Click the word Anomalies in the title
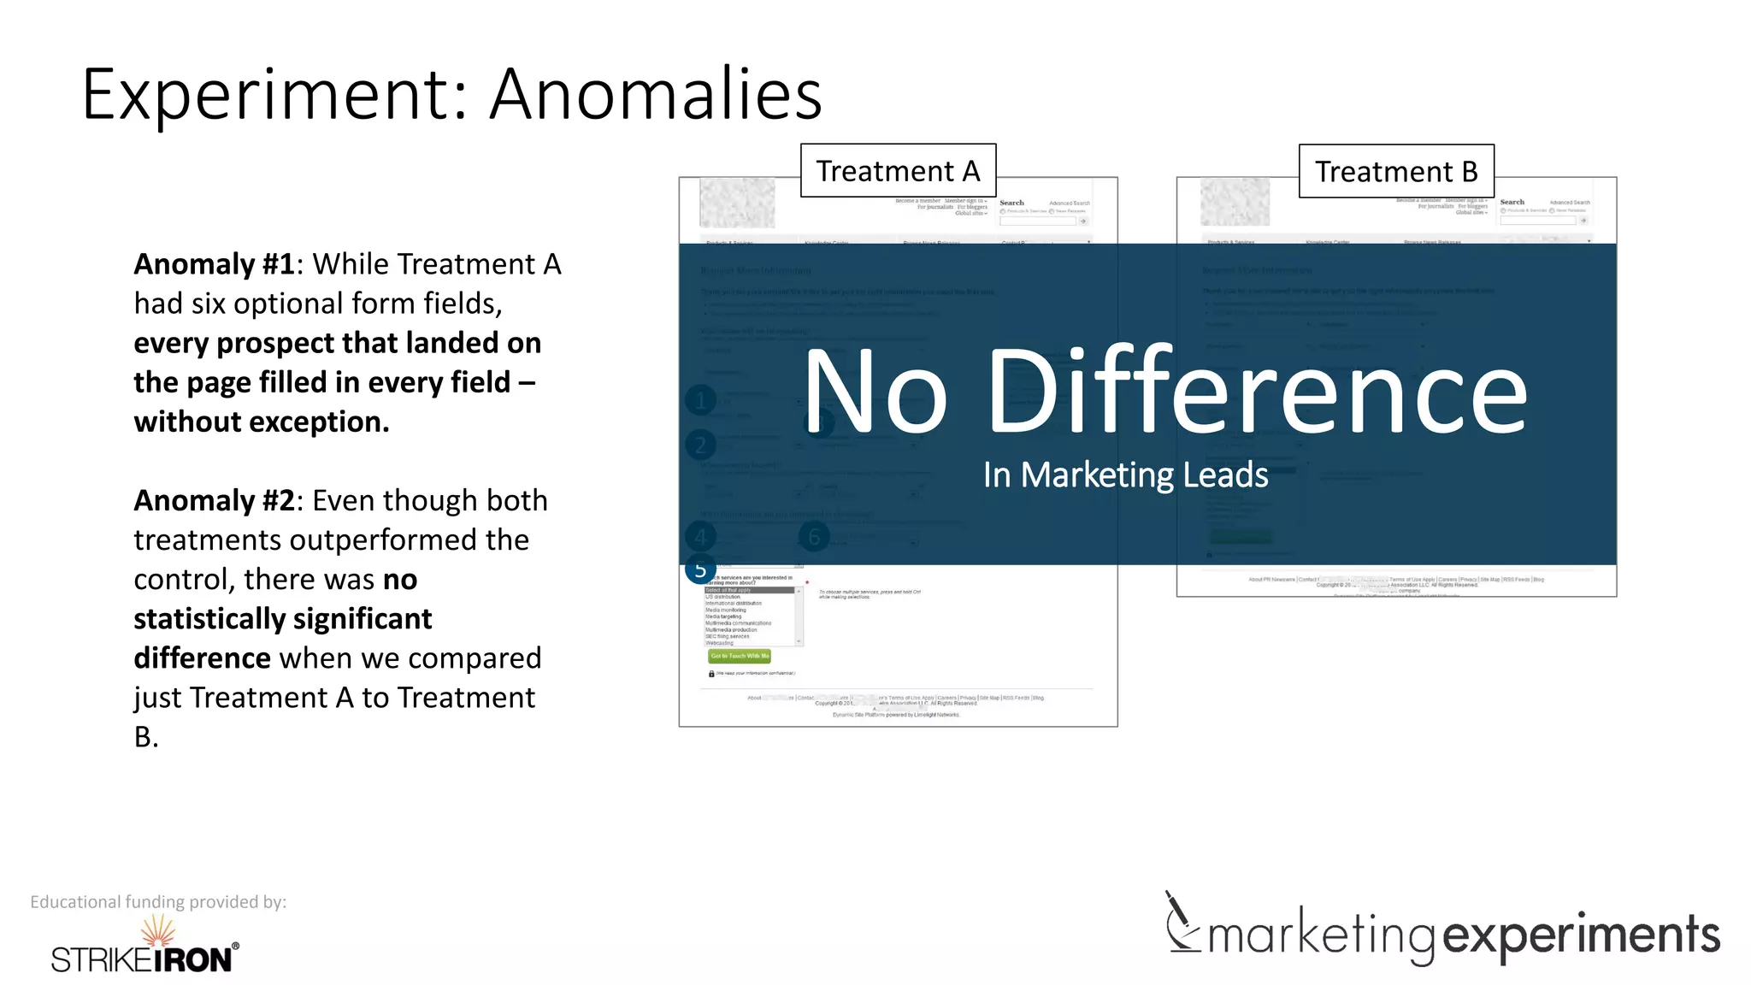[x=656, y=94]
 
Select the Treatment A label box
[x=898, y=171]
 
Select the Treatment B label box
[x=1396, y=172]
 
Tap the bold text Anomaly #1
[x=214, y=264]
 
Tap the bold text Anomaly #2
[x=214, y=500]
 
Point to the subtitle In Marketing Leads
[x=1125, y=475]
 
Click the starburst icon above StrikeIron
[x=158, y=929]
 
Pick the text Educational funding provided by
[x=158, y=902]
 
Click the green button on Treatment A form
[x=740, y=656]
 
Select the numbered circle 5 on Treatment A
[x=700, y=569]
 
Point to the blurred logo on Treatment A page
[x=737, y=203]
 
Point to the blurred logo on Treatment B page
[x=1235, y=202]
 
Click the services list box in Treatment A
[x=752, y=616]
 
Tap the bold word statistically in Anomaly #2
[x=282, y=618]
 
